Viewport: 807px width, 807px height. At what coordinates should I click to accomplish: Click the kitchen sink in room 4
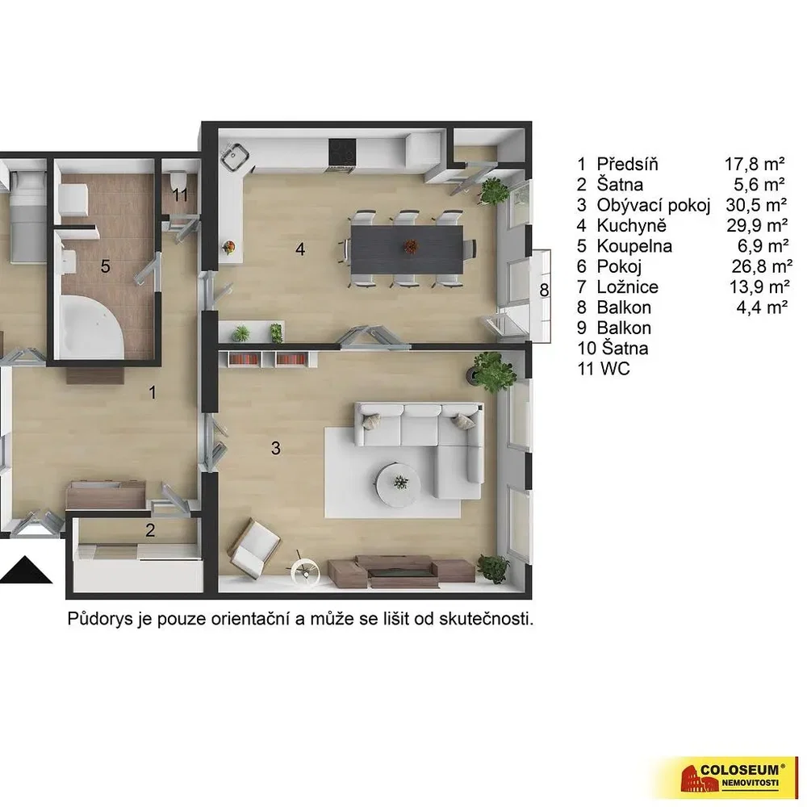(x=235, y=156)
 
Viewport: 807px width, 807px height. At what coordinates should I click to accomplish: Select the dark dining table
(x=407, y=249)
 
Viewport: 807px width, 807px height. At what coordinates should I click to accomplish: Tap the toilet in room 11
(x=178, y=180)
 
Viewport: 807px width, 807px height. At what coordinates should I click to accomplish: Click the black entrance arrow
(x=26, y=571)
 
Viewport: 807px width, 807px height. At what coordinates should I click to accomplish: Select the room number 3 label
(x=276, y=448)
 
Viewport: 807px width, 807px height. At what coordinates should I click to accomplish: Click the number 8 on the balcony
(x=544, y=291)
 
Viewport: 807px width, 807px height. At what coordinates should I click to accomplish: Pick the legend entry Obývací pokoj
(x=654, y=205)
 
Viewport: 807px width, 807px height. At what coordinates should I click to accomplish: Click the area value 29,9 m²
(x=757, y=225)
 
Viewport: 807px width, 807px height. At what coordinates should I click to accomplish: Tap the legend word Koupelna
(x=634, y=246)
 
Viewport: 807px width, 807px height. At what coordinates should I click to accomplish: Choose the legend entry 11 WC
(x=604, y=369)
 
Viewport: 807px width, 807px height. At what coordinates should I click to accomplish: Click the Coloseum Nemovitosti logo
(x=731, y=777)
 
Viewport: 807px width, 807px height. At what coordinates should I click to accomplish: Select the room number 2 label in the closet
(x=150, y=530)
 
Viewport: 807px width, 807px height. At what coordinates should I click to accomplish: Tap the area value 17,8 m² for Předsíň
(x=755, y=164)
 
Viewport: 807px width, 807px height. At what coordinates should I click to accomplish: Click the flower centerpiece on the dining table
(x=410, y=247)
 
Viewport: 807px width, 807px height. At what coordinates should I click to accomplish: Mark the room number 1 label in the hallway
(x=153, y=393)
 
